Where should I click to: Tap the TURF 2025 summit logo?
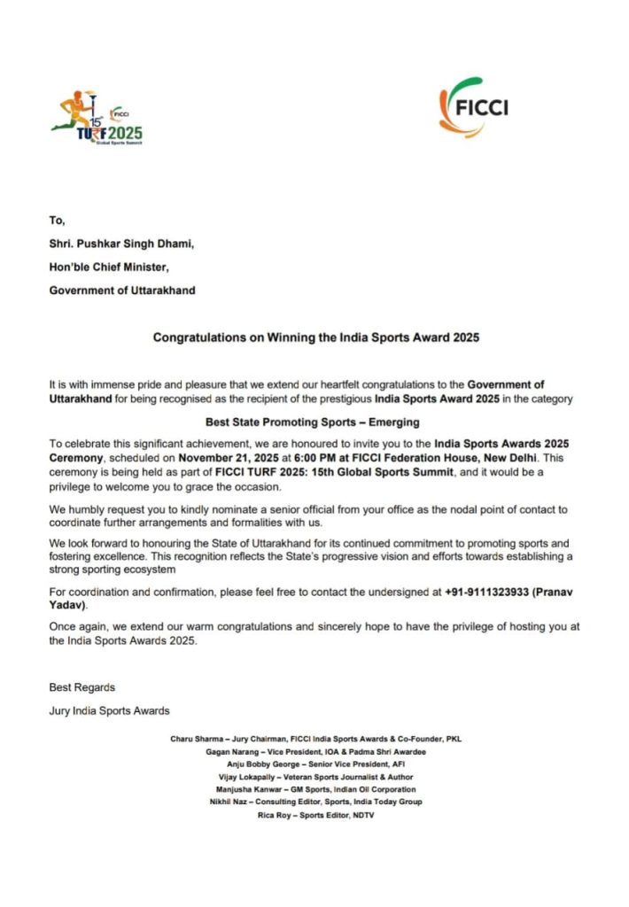point(97,120)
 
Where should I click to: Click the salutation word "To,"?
point(57,221)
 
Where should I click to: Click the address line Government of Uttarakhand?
point(122,290)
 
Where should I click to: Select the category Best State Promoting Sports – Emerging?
point(313,422)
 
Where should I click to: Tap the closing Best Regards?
point(82,686)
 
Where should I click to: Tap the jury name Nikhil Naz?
point(229,802)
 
